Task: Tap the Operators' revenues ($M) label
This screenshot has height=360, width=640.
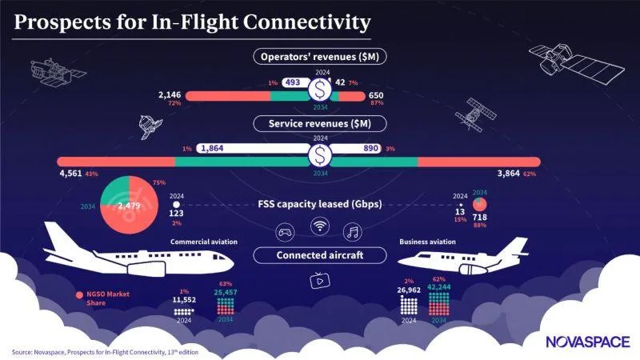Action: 319,57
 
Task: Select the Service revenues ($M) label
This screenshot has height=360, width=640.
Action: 319,124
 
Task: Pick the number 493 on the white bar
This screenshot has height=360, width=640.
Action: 292,82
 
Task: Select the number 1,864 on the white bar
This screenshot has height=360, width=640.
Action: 214,148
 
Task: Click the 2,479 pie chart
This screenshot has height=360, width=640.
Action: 128,206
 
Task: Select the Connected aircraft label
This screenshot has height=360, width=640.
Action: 319,256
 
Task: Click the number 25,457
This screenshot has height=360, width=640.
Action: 227,291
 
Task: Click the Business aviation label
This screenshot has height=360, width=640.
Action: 426,242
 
